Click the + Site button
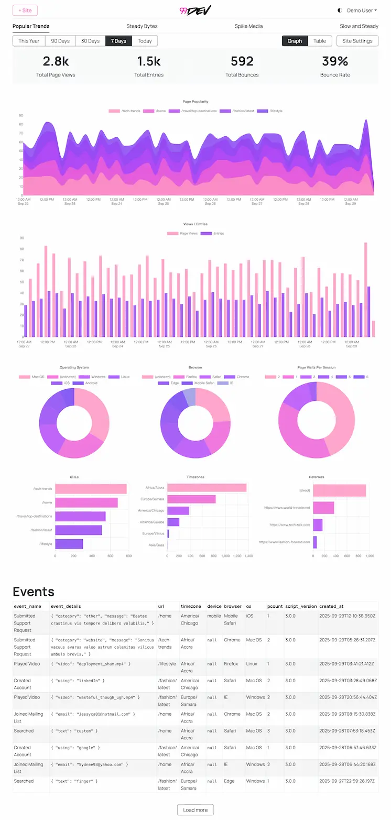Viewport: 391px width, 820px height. click(25, 10)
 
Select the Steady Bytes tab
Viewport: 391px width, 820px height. click(142, 26)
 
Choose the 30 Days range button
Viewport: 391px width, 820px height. click(90, 41)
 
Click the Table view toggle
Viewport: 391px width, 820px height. click(320, 41)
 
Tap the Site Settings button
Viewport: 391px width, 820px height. click(357, 41)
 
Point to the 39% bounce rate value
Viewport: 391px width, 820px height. click(335, 61)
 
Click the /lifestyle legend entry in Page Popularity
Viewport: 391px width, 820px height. click(272, 111)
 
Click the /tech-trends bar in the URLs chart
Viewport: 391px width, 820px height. click(91, 489)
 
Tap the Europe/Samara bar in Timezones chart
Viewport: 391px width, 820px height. click(191, 499)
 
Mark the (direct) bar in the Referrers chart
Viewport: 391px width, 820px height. click(339, 490)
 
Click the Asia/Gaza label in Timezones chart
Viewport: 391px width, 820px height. click(156, 545)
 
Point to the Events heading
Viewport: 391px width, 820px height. click(34, 592)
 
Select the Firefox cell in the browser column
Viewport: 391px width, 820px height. click(231, 664)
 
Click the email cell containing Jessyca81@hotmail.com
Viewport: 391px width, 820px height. click(93, 714)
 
